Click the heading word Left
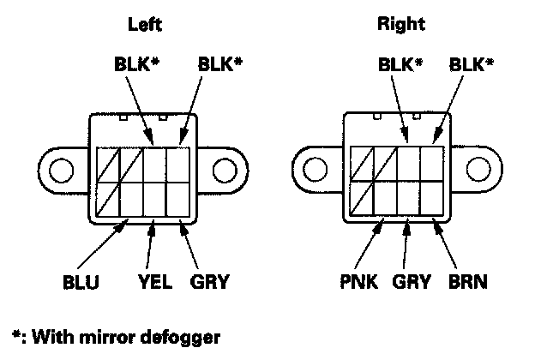click(145, 26)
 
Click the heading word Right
click(402, 24)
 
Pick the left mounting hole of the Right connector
click(313, 171)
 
